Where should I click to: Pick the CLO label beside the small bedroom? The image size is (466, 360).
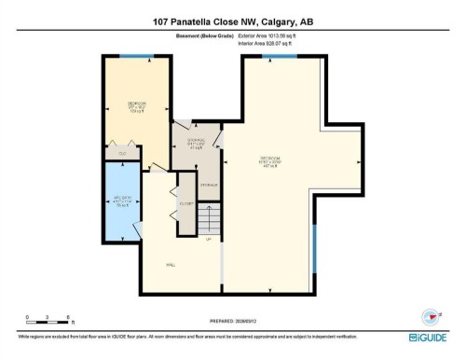pos(122,152)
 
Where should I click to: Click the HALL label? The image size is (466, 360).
pos(171,265)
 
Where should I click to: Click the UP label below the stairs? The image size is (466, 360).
pos(209,240)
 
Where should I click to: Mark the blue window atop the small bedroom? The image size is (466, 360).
pos(136,56)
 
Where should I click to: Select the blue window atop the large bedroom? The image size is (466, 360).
pos(274,56)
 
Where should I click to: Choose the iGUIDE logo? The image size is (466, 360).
pos(430,337)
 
